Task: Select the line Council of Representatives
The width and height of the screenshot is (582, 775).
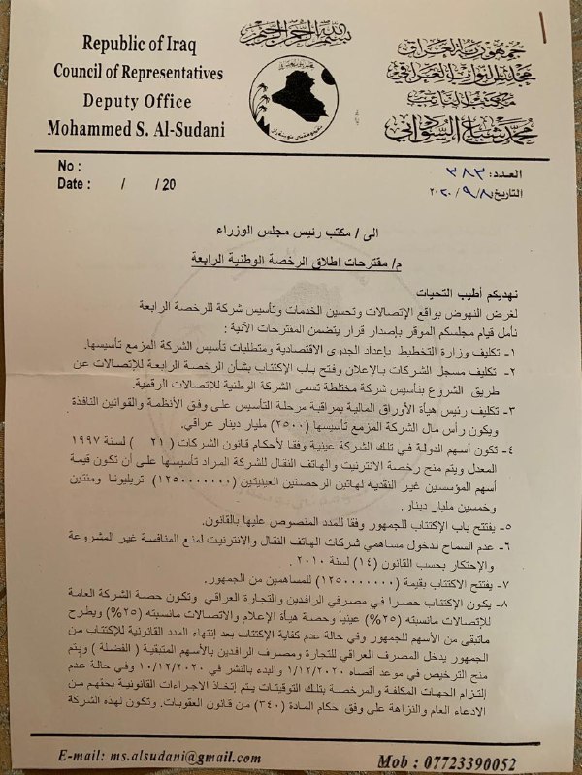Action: click(138, 73)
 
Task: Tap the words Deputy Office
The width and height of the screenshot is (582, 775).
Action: click(138, 100)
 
